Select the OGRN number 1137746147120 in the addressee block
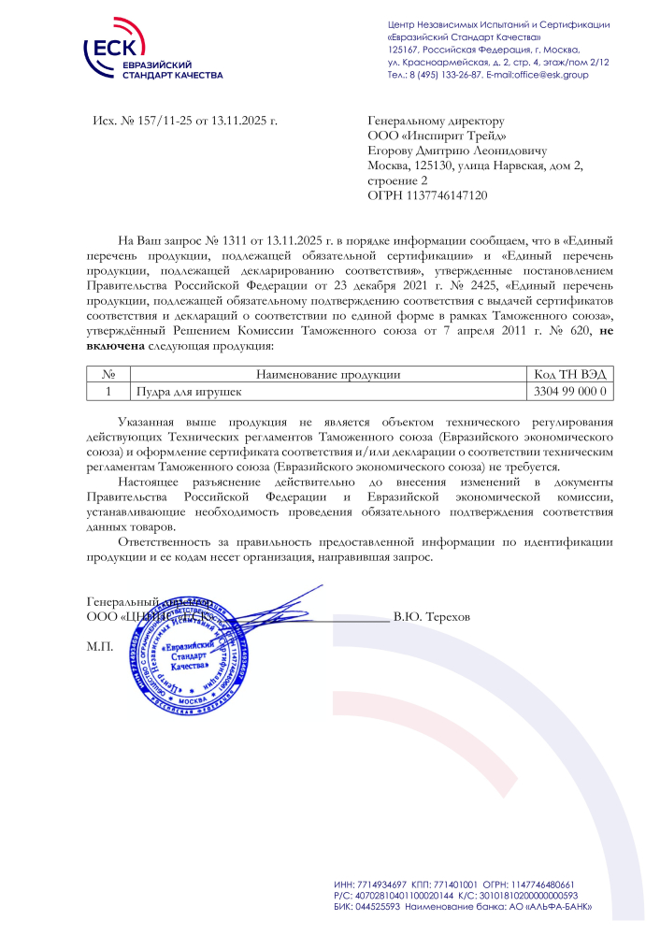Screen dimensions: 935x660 448,195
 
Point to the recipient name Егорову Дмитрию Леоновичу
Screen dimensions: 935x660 457,151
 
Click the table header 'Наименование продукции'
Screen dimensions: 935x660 327,374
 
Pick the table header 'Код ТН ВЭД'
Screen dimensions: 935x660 570,374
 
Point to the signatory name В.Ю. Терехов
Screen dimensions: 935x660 432,618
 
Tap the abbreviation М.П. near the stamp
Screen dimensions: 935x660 100,646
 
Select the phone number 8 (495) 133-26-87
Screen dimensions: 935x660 443,75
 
